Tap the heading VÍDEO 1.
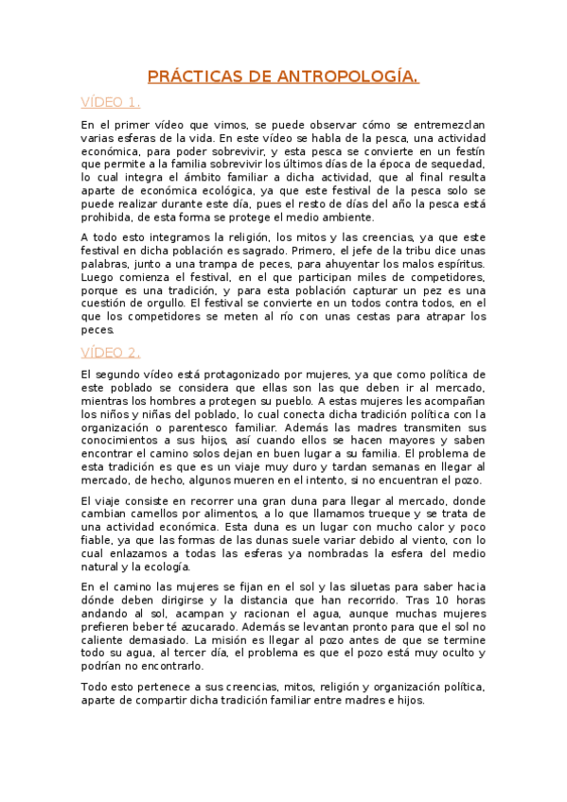110,102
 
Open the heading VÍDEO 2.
110,353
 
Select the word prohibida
105,217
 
